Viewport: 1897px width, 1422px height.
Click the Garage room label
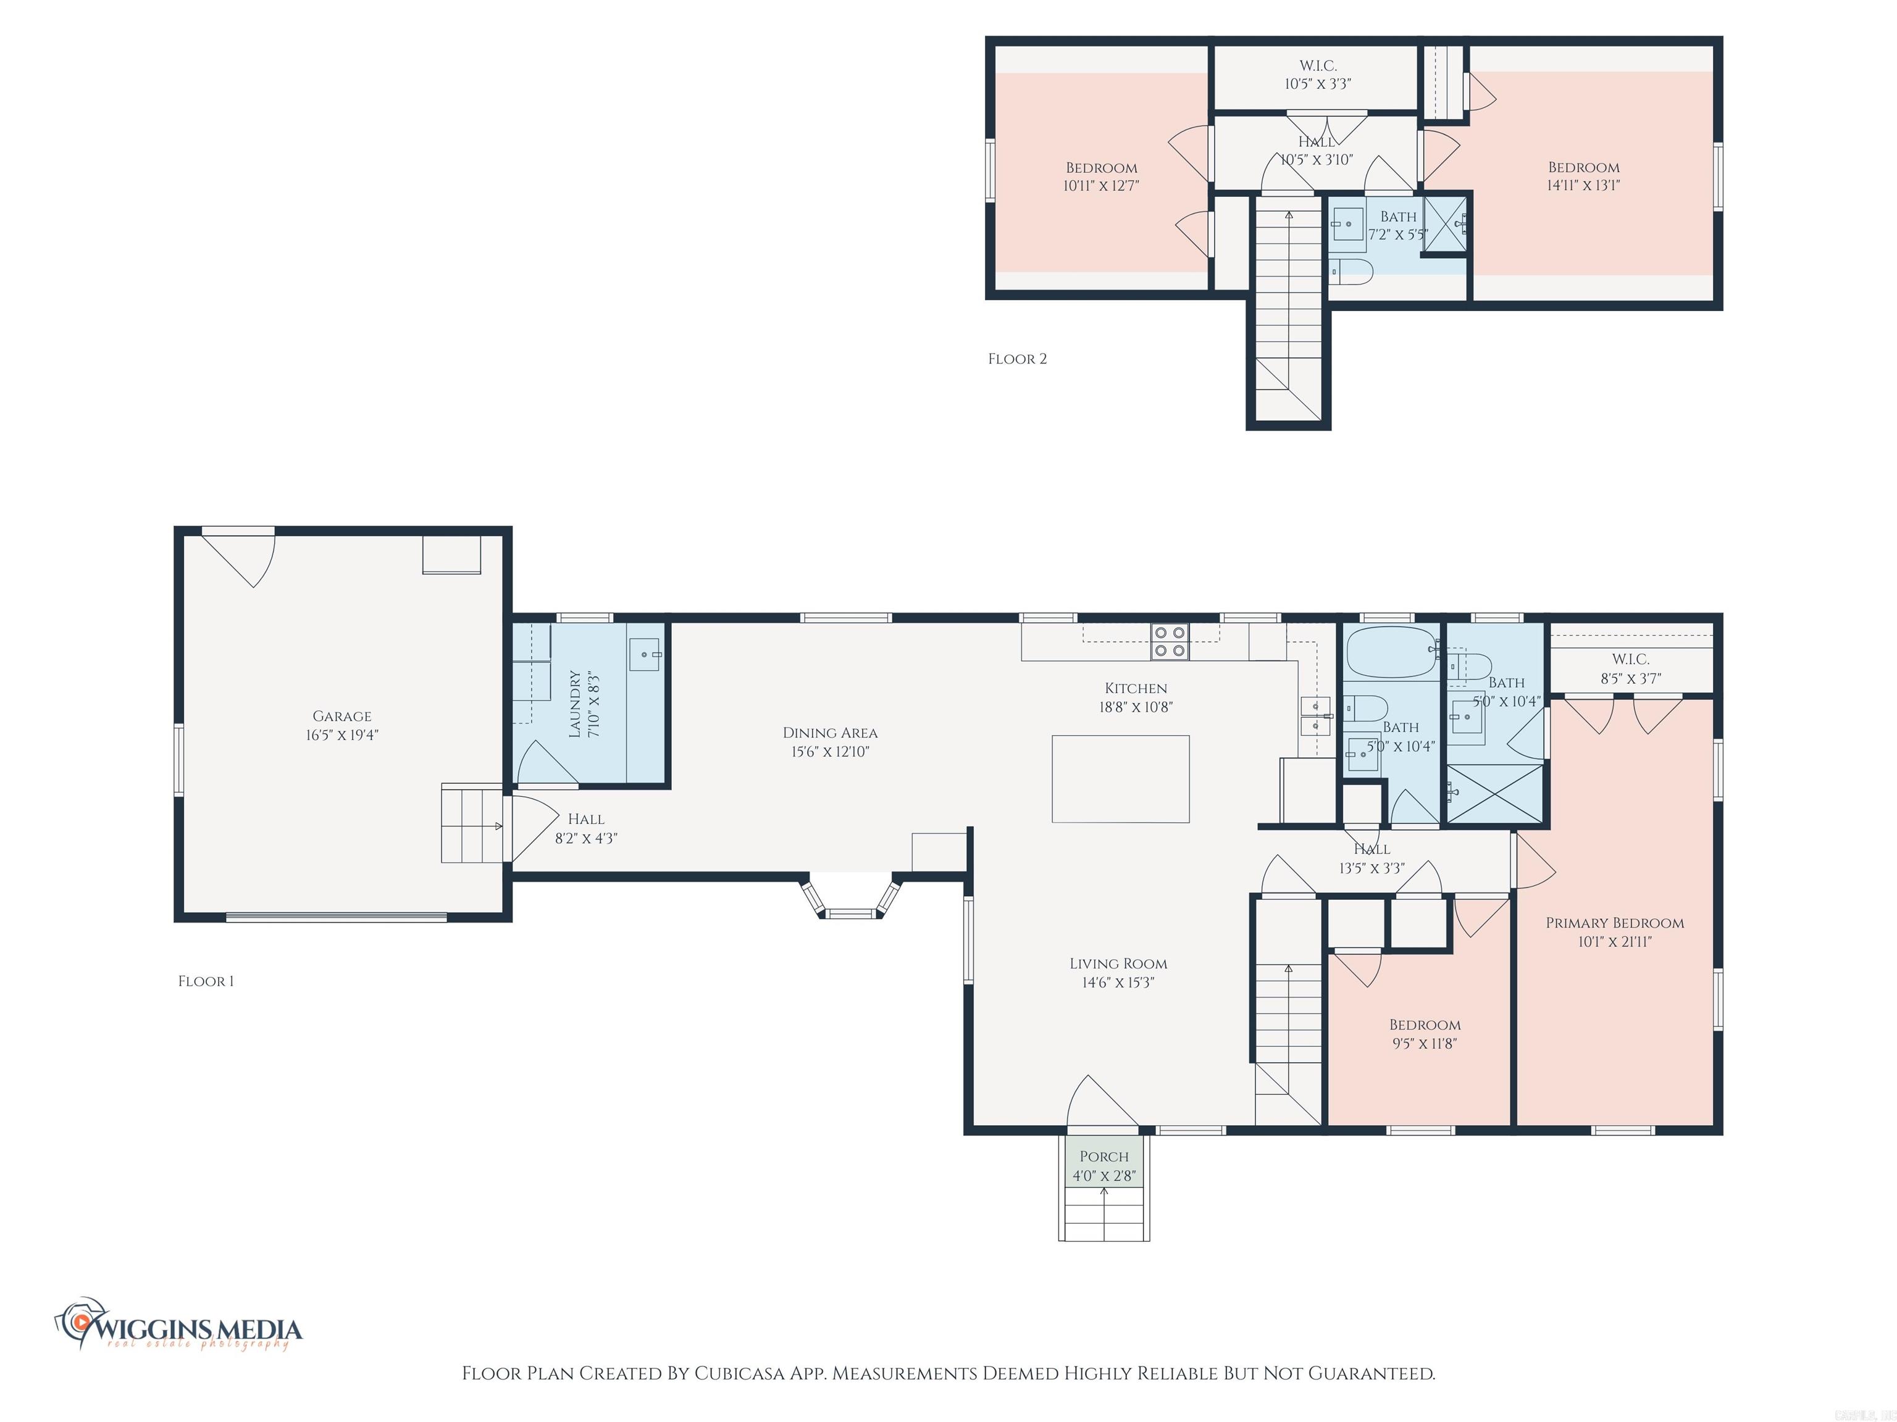click(341, 716)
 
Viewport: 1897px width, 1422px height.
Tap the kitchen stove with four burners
click(1170, 641)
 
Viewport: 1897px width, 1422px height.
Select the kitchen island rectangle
click(1120, 778)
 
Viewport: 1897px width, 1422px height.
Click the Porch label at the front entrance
click(1103, 1156)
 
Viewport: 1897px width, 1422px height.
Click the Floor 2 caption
click(1017, 359)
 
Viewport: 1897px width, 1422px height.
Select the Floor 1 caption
click(206, 981)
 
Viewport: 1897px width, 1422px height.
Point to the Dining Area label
click(829, 733)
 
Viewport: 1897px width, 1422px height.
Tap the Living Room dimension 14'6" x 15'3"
click(1118, 983)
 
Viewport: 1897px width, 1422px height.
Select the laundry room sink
click(645, 654)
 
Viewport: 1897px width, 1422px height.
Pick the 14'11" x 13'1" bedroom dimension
click(1583, 185)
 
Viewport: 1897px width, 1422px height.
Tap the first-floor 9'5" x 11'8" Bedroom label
click(1425, 1025)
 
